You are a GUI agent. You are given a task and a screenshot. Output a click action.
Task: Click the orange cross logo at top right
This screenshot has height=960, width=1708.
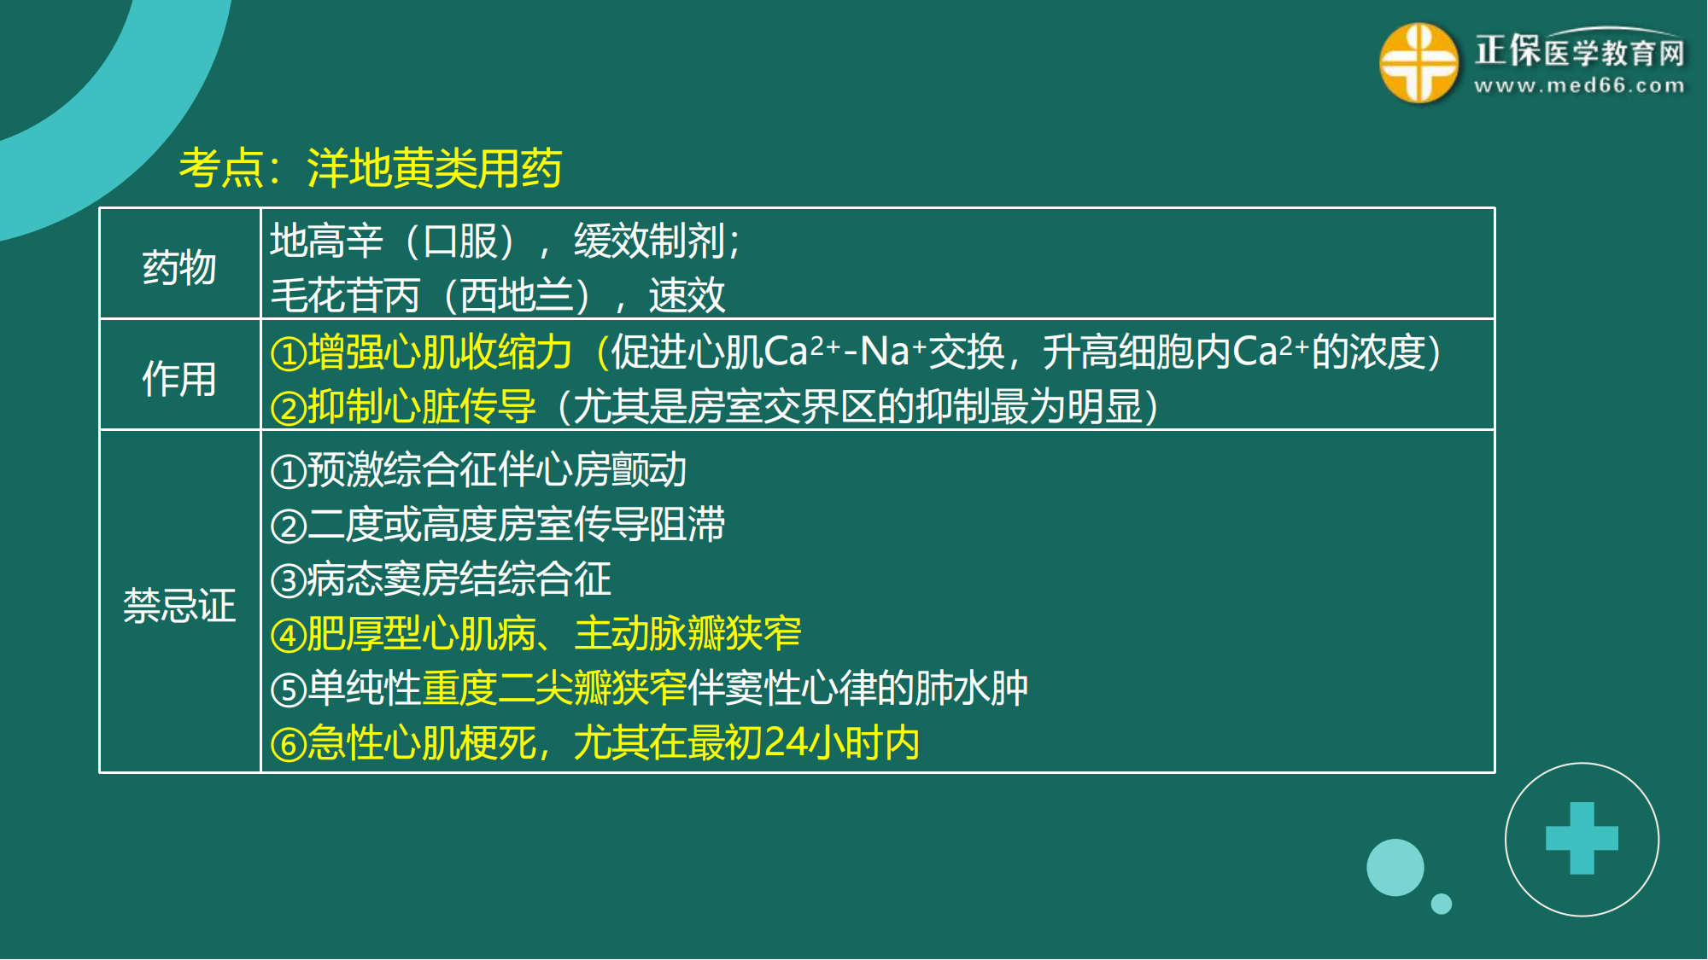pyautogui.click(x=1418, y=63)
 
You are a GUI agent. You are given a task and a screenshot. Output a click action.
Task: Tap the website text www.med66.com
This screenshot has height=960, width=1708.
pyautogui.click(x=1579, y=85)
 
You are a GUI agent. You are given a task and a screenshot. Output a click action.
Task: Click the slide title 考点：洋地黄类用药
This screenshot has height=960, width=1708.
pyautogui.click(x=370, y=167)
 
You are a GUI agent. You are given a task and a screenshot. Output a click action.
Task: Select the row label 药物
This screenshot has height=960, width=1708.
pyautogui.click(x=179, y=267)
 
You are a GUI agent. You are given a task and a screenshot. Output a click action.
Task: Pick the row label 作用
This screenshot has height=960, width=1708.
pyautogui.click(x=179, y=378)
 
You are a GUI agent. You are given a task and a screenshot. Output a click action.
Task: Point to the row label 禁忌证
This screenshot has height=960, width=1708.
pyautogui.click(x=179, y=605)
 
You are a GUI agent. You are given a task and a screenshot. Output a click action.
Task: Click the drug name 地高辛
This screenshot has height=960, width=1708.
pyautogui.click(x=326, y=241)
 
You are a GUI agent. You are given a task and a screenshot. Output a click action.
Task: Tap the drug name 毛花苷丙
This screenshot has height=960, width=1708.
pyautogui.click(x=345, y=295)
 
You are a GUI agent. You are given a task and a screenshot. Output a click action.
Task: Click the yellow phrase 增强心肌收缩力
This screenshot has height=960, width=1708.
pyautogui.click(x=439, y=352)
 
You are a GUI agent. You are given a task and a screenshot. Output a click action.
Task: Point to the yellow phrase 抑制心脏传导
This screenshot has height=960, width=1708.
pyautogui.click(x=421, y=406)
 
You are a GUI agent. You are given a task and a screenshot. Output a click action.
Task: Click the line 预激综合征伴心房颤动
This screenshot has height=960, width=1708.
pyautogui.click(x=496, y=469)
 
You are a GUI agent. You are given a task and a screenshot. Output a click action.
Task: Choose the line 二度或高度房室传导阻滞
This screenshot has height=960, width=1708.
pyautogui.click(x=516, y=524)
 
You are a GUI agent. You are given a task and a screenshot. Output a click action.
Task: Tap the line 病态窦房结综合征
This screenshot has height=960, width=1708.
pyautogui.click(x=459, y=579)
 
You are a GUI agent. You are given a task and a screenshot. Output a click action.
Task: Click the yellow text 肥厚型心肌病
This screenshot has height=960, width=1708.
pyautogui.click(x=421, y=633)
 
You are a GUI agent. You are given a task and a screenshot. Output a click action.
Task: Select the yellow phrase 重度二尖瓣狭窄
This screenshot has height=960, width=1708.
pyautogui.click(x=554, y=688)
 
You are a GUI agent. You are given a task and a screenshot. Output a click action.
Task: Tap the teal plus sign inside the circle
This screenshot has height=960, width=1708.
pyautogui.click(x=1582, y=838)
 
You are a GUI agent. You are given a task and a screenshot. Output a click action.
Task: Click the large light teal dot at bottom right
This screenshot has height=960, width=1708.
pyautogui.click(x=1395, y=867)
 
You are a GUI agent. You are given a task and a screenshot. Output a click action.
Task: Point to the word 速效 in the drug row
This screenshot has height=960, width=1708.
pyautogui.click(x=687, y=295)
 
